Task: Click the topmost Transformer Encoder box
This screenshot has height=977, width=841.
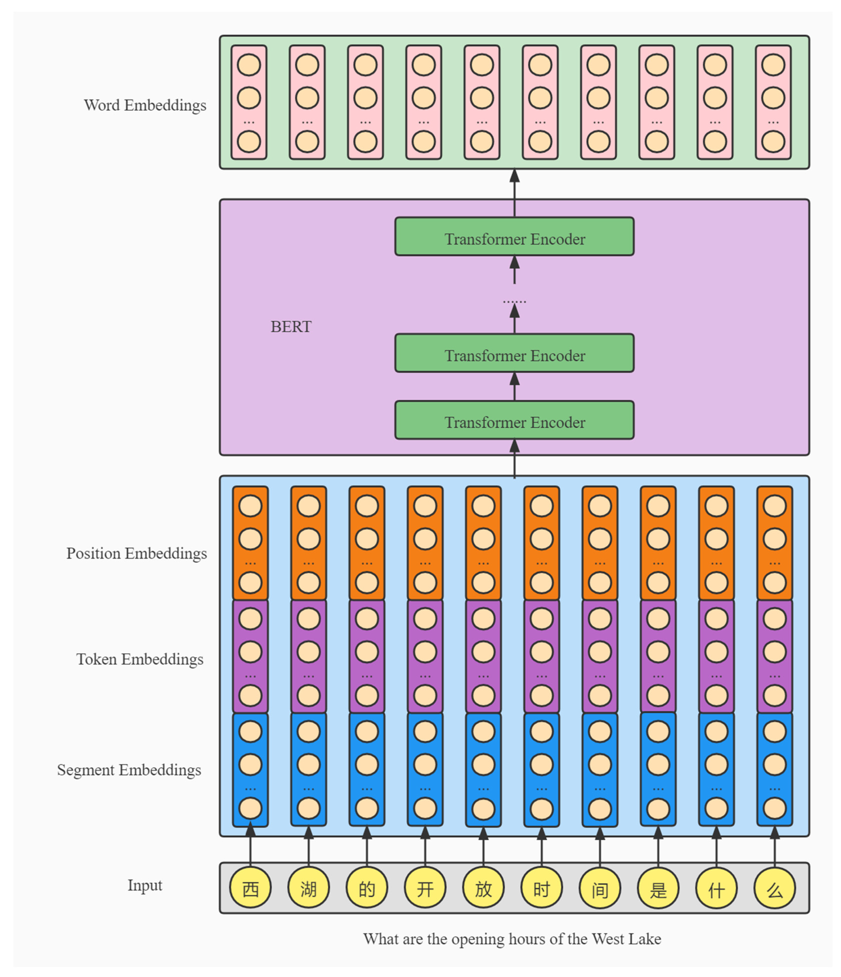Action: [x=514, y=237]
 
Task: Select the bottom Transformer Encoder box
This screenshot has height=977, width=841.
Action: [x=514, y=420]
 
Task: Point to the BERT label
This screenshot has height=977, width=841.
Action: [x=291, y=327]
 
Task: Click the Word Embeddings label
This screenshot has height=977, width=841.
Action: [x=145, y=105]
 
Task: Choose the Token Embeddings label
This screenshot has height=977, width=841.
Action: [x=140, y=659]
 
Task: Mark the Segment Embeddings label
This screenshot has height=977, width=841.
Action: [x=129, y=770]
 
